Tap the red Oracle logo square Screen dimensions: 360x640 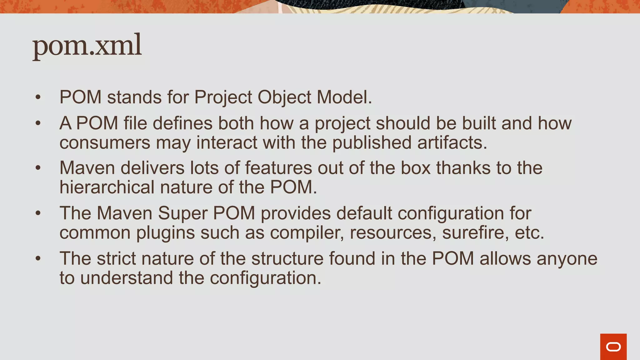pos(613,347)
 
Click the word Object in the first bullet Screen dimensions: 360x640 pos(284,97)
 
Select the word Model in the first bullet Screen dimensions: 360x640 pos(344,97)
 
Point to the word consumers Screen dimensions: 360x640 pos(105,142)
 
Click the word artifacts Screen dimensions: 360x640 pos(452,142)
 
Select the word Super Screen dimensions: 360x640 pos(182,213)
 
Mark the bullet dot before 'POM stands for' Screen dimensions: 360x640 pos(38,97)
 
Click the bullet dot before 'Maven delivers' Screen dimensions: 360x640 pos(38,168)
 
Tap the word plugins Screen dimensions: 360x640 pos(165,233)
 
